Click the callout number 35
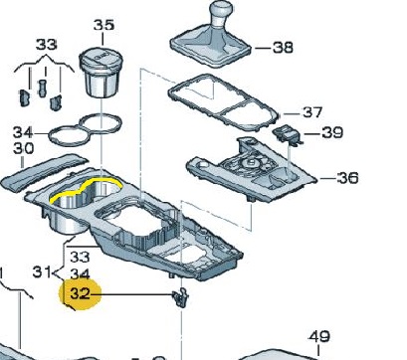tap(103, 25)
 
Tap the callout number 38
tap(283, 48)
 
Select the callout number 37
tap(312, 112)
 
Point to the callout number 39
tap(332, 133)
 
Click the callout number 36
tap(348, 178)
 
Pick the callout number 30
tap(24, 148)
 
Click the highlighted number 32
tap(80, 293)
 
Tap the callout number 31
tap(43, 272)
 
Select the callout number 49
tap(318, 336)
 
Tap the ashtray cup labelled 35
tap(101, 72)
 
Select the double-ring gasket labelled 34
tap(85, 129)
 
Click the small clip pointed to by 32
tap(181, 297)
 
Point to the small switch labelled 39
tap(288, 135)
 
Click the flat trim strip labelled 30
tap(44, 172)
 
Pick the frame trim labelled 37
tap(223, 101)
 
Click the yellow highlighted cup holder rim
tap(86, 189)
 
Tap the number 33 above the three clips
tap(46, 45)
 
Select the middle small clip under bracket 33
tap(42, 89)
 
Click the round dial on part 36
tap(251, 163)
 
